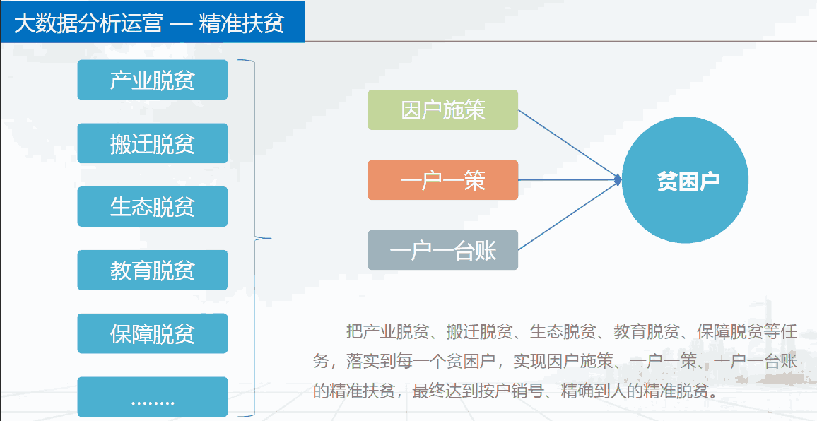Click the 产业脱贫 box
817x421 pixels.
(x=152, y=80)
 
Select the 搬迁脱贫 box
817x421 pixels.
(x=152, y=143)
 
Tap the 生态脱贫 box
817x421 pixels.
(x=152, y=206)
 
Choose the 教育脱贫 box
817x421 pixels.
(x=152, y=270)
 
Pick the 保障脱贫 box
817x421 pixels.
(x=152, y=333)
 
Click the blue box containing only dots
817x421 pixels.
(x=152, y=397)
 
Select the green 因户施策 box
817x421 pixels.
(x=443, y=110)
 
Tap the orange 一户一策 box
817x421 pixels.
(x=443, y=179)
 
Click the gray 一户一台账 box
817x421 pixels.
(x=443, y=250)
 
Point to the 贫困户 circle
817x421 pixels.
(x=685, y=179)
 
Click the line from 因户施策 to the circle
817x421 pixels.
(x=568, y=144)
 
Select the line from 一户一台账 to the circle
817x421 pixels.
(x=568, y=215)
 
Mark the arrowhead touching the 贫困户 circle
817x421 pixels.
(x=618, y=180)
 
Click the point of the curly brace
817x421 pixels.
(x=271, y=239)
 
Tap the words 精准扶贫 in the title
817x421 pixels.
(x=241, y=24)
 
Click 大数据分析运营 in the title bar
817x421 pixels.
(x=88, y=24)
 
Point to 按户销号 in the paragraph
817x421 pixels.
(x=529, y=391)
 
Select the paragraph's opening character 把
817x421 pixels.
(x=355, y=331)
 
